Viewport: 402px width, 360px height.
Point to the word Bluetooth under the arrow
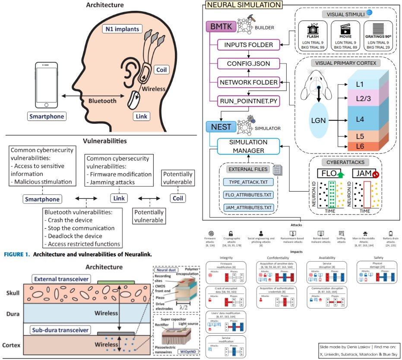click(102, 101)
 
